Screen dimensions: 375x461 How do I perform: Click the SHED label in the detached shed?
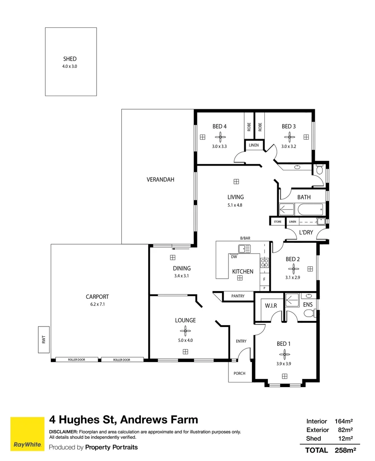coord(70,59)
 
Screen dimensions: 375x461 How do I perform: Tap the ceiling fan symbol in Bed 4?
coord(220,137)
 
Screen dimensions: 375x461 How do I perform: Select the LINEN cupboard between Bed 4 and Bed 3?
coord(254,145)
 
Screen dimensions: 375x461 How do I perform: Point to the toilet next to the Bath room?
coord(319,169)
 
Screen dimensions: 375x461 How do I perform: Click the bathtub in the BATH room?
coord(311,210)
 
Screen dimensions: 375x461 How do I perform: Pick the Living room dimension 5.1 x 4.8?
coord(235,205)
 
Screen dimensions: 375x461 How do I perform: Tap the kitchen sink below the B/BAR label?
coord(244,249)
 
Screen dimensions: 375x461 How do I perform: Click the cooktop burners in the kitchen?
coord(264,263)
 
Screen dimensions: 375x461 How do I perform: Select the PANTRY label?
coord(238,296)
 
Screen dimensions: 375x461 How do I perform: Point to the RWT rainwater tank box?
coord(44,340)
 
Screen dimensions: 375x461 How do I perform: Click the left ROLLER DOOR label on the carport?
coord(76,359)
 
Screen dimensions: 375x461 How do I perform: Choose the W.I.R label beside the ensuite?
coord(271,306)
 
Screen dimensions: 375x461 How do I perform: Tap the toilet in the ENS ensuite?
coord(309,313)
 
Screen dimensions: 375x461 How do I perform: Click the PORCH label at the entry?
coord(240,373)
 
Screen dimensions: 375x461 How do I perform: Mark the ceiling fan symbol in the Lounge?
coord(185,331)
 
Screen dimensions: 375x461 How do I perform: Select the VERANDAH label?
coord(160,179)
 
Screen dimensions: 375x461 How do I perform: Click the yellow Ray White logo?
coord(27,434)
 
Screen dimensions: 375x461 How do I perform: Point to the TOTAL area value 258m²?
coord(345,450)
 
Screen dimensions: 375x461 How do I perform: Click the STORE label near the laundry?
coord(278,222)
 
